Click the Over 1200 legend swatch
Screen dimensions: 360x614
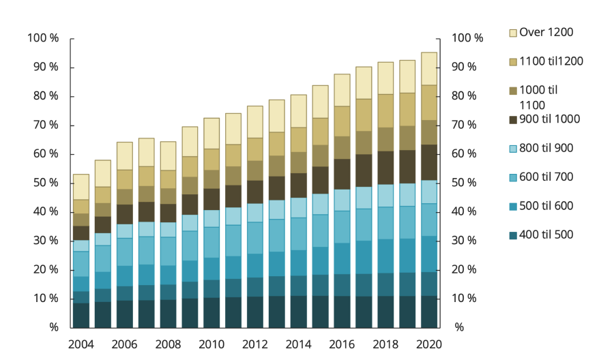[x=513, y=32]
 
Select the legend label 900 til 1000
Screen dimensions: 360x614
[x=549, y=119]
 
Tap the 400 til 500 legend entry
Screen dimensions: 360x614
[x=546, y=235]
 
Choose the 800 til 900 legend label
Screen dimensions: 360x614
[x=546, y=148]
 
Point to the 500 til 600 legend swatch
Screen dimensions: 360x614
[x=513, y=207]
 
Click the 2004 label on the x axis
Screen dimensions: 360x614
[x=81, y=344]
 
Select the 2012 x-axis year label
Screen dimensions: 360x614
[x=254, y=344]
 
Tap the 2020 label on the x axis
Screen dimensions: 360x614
[x=429, y=344]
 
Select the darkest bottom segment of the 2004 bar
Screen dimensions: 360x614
[x=81, y=315]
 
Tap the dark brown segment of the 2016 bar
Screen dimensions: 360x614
[x=342, y=174]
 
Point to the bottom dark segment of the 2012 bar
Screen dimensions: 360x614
[x=254, y=312]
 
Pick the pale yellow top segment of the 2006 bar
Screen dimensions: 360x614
[x=124, y=156]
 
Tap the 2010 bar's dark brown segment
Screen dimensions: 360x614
[x=211, y=199]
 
